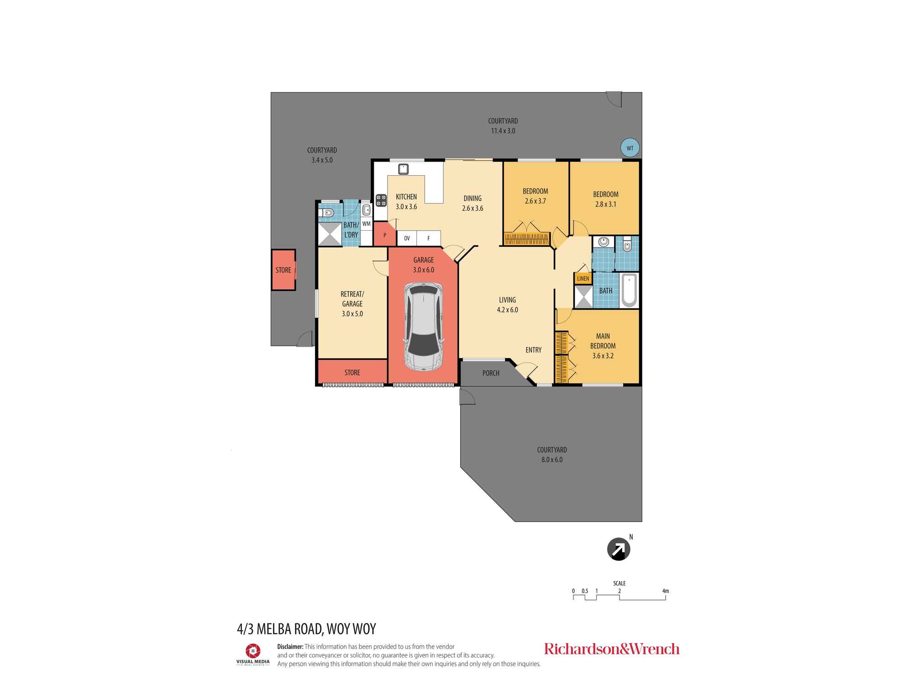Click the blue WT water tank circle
click(x=630, y=148)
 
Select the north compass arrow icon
click(x=618, y=549)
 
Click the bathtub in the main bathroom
click(x=629, y=290)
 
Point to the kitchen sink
click(x=403, y=169)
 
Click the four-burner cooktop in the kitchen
click(x=381, y=200)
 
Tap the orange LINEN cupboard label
click(x=583, y=279)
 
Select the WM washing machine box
click(x=366, y=224)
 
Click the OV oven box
click(x=407, y=238)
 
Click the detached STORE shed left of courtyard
click(x=283, y=270)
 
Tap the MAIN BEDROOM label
click(x=603, y=341)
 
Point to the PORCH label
click(x=491, y=373)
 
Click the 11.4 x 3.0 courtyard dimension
click(x=503, y=131)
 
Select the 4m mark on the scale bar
click(x=665, y=591)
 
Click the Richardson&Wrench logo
click(x=611, y=649)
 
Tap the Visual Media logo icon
click(x=252, y=650)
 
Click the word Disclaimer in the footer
click(x=290, y=647)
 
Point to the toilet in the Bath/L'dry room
click(x=327, y=212)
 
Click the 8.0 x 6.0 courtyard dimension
click(x=551, y=460)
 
